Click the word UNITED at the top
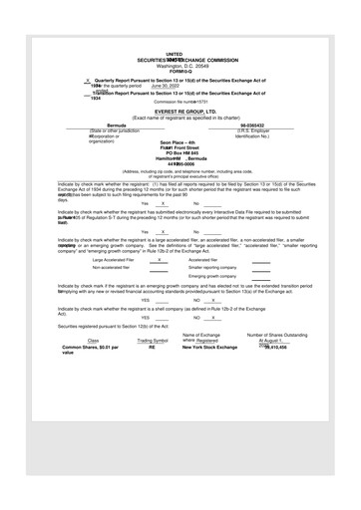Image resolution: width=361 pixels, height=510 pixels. (x=174, y=54)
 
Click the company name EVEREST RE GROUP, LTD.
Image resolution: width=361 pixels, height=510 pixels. (x=180, y=112)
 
